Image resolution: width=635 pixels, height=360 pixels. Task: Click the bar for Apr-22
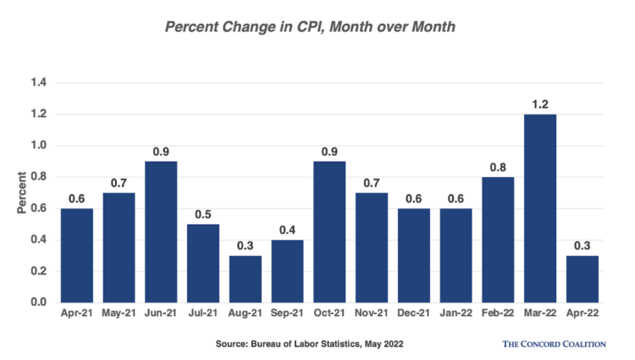pos(583,279)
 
